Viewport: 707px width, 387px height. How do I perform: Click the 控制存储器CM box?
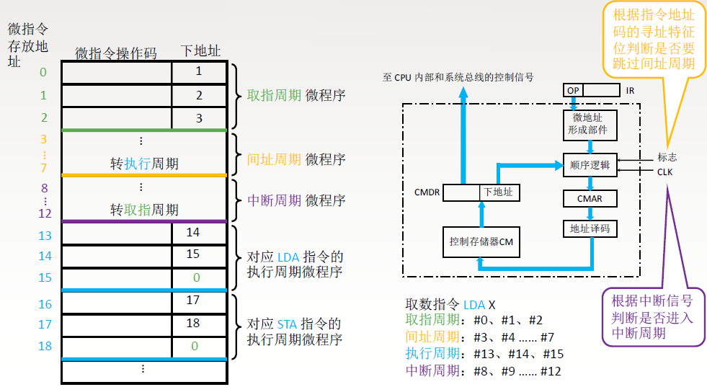481,242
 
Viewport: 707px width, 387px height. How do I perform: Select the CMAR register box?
590,198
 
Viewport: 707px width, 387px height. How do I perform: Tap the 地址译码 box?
590,228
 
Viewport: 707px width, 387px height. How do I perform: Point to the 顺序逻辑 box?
590,165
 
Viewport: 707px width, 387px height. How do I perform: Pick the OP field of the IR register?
574,90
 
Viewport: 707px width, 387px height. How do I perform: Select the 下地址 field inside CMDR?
500,192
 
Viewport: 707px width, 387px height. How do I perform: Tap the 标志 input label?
667,157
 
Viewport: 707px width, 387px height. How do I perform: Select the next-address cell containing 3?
199,118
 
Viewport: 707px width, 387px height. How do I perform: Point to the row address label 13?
45,235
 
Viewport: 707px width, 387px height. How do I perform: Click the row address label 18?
45,346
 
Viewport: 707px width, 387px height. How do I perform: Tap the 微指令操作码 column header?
115,53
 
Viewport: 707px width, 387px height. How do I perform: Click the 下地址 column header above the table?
200,50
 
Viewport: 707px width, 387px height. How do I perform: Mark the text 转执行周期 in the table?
144,164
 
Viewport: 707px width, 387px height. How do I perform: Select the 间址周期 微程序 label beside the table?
296,159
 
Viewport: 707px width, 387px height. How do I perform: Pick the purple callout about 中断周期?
653,317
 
